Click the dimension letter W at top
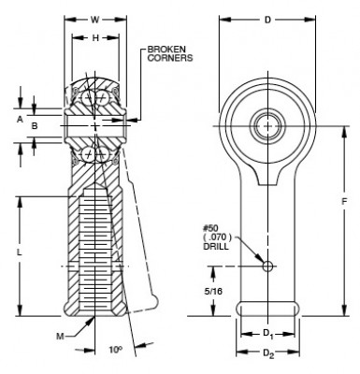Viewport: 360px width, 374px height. [x=94, y=18]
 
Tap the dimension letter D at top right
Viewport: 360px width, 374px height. [x=267, y=18]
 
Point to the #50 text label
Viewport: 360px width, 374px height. [x=210, y=227]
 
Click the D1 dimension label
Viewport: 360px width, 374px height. [x=267, y=333]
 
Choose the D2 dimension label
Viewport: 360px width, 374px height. [x=267, y=352]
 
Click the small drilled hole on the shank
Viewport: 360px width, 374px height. [x=268, y=266]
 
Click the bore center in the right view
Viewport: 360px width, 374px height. [x=268, y=123]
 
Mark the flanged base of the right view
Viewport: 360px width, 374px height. [x=267, y=308]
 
